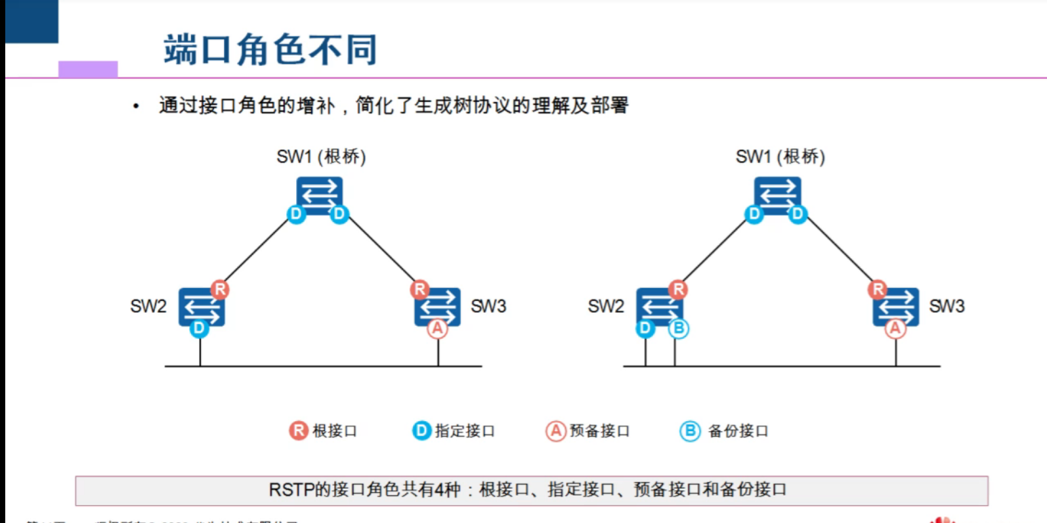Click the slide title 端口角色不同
tap(270, 49)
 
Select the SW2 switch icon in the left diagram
tap(202, 306)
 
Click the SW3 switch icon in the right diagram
tap(896, 306)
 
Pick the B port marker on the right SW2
tap(678, 328)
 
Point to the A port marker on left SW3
tap(437, 328)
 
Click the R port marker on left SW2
tap(220, 289)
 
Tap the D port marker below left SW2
tap(199, 328)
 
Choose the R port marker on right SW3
tap(878, 289)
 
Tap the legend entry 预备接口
tap(588, 431)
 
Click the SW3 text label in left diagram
tap(488, 306)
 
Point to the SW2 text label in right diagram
tap(606, 306)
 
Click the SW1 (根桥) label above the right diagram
tap(780, 156)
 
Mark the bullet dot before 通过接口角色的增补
tap(136, 106)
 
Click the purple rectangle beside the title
tap(88, 69)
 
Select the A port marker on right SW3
tap(895, 328)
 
